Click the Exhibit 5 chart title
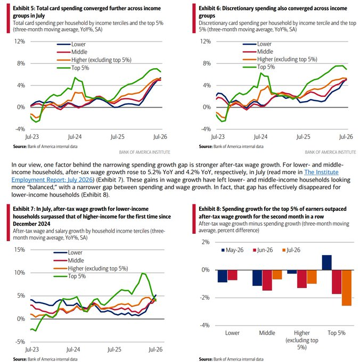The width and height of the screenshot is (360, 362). pyautogui.click(x=87, y=12)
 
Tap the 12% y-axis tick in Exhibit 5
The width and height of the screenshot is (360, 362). pyautogui.click(x=20, y=42)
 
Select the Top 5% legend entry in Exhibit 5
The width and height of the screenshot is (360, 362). pyautogui.click(x=73, y=68)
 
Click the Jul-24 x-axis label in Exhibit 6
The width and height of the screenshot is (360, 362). pyautogui.click(x=260, y=137)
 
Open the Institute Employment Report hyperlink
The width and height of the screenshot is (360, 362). pyautogui.click(x=175, y=176)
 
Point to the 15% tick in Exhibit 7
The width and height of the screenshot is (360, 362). pyautogui.click(x=20, y=250)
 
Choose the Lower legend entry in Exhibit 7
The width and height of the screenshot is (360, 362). pyautogui.click(x=68, y=252)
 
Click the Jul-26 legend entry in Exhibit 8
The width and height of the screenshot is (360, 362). pyautogui.click(x=291, y=250)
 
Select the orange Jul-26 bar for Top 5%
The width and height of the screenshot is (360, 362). pyautogui.click(x=347, y=287)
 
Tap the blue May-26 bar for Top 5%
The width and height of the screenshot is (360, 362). pyautogui.click(x=327, y=262)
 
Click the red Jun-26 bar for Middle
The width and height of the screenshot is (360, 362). pyautogui.click(x=267, y=280)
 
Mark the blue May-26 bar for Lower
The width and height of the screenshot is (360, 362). pyautogui.click(x=223, y=276)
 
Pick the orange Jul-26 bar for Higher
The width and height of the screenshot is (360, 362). pyautogui.click(x=312, y=277)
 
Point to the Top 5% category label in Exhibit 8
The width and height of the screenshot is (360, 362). pyautogui.click(x=337, y=333)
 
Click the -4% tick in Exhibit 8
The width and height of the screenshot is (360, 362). pyautogui.click(x=204, y=325)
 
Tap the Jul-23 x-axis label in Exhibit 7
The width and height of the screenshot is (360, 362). pyautogui.click(x=32, y=350)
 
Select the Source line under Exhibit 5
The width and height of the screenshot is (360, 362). pyautogui.click(x=45, y=146)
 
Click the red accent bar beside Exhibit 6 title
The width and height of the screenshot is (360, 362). pyautogui.click(x=194, y=18)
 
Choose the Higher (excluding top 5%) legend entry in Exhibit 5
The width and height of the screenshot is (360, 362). pyautogui.click(x=94, y=60)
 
